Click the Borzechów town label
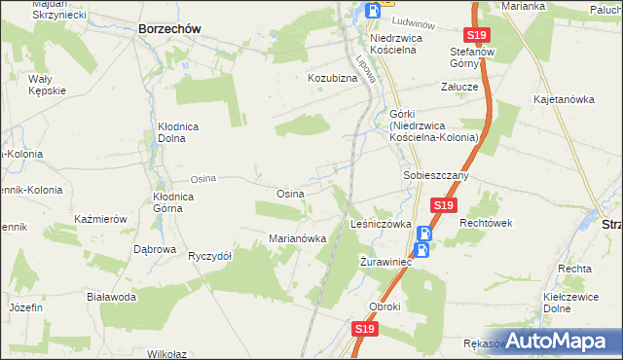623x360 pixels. [x=169, y=29]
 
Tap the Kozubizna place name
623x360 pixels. [x=333, y=77]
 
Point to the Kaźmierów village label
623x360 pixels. [x=100, y=219]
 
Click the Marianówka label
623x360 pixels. [x=296, y=238]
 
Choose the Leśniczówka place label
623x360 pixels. [x=381, y=223]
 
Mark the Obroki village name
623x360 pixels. [x=385, y=306]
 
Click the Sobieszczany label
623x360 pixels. [x=437, y=176]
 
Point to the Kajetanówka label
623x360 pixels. [x=564, y=99]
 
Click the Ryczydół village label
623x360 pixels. [x=209, y=256]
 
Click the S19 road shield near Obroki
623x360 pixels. [x=364, y=330]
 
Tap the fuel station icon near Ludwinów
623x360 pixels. [x=373, y=11]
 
